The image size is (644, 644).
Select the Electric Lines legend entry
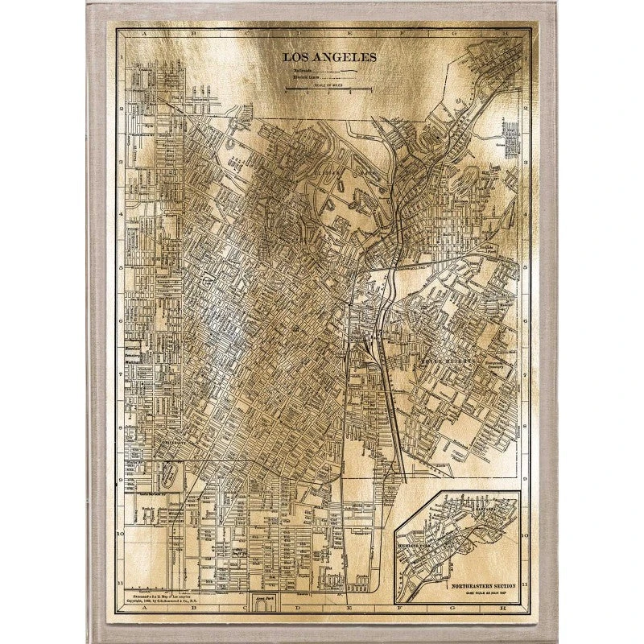(x=306, y=77)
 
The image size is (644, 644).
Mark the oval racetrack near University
(x=167, y=474)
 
